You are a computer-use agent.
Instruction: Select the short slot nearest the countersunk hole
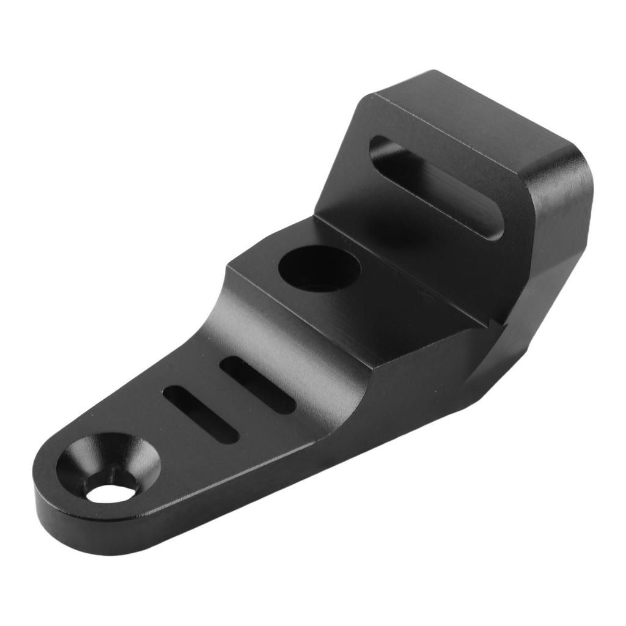201,414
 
